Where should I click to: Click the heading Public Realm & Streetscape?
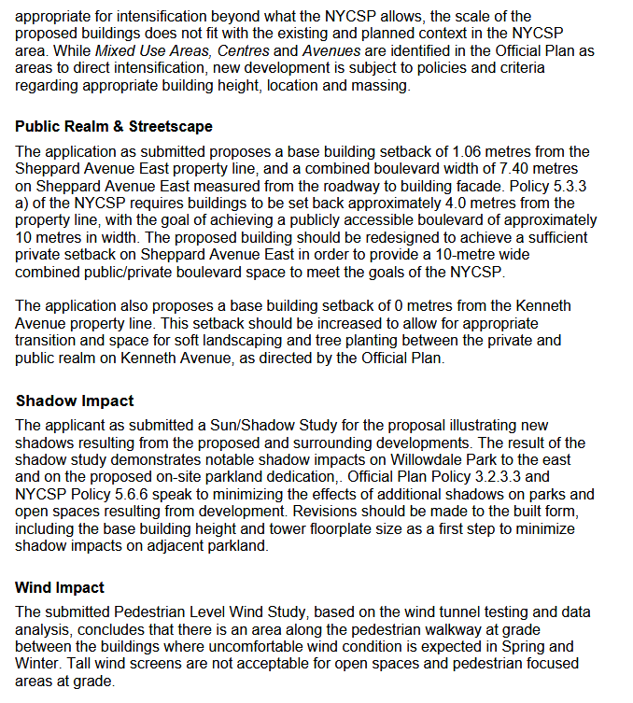(x=114, y=126)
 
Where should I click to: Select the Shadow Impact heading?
(x=75, y=401)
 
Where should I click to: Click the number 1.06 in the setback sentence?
(x=467, y=151)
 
